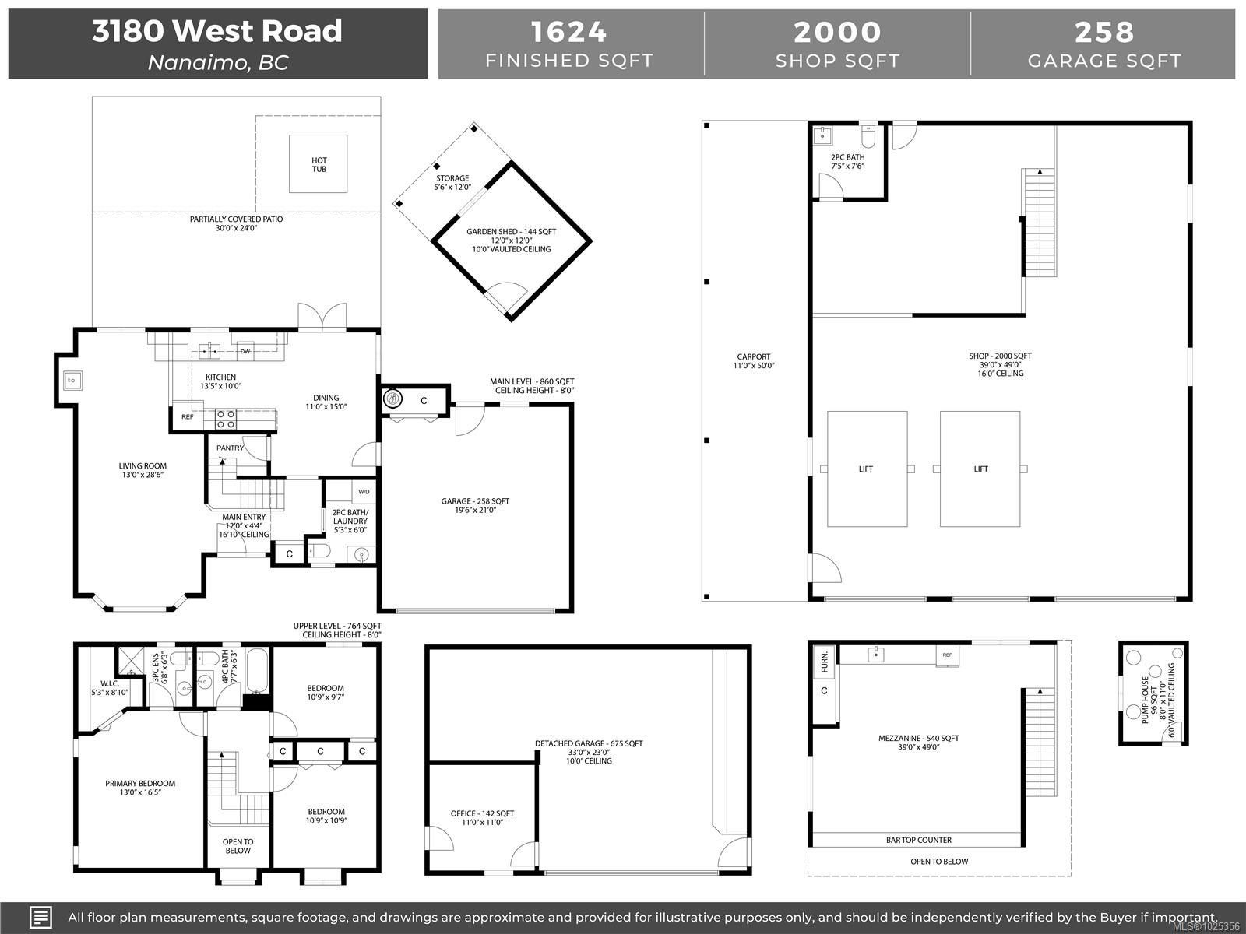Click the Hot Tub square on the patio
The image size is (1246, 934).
pos(319,164)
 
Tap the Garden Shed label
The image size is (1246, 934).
pos(511,232)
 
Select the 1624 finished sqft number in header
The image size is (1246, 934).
pos(568,33)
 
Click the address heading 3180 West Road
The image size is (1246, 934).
pos(217,31)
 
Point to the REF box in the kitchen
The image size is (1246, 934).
pos(187,417)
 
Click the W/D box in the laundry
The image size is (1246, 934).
pos(364,492)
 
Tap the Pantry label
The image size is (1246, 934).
pos(230,448)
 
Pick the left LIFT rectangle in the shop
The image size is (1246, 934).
pos(866,469)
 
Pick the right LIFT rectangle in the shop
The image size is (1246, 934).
pos(980,469)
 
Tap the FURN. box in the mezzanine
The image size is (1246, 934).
pos(824,664)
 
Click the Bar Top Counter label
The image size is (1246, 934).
pos(918,840)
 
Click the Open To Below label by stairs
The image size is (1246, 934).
pos(238,846)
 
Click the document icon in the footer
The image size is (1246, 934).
pos(40,917)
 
